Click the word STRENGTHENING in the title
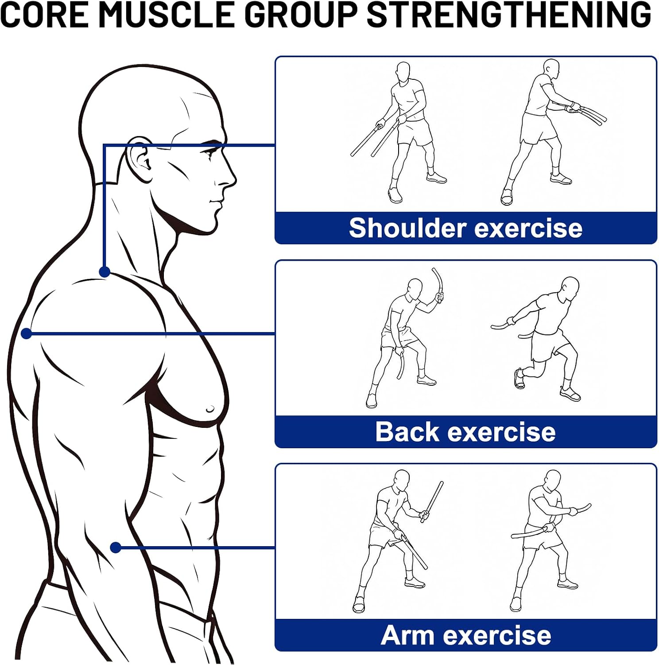coord(509,14)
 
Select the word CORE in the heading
coord(44,14)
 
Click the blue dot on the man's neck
coord(105,271)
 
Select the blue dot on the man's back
coord(27,333)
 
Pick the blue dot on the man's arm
coord(116,548)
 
